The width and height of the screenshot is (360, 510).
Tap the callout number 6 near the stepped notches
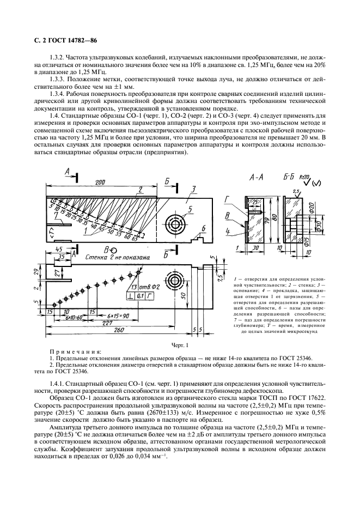tap(203, 228)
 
